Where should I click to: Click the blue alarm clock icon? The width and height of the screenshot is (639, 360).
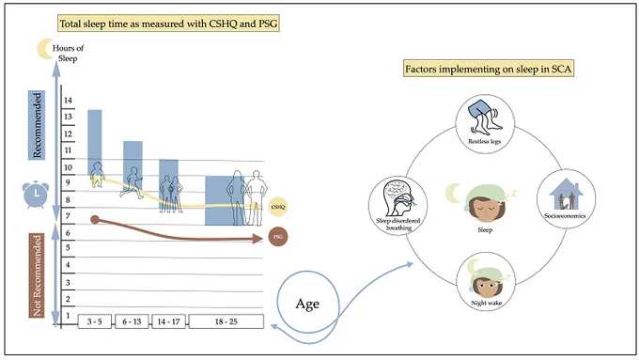[x=36, y=194]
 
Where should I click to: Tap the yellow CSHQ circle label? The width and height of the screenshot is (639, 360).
[x=278, y=207]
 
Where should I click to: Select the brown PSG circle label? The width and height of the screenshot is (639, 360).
[x=278, y=237]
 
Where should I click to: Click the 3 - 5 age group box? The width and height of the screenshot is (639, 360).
[x=95, y=321]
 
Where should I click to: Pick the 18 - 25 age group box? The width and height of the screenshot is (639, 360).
[x=226, y=321]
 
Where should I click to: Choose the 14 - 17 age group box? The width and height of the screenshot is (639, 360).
[x=169, y=321]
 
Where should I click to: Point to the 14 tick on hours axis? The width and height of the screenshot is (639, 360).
[x=68, y=101]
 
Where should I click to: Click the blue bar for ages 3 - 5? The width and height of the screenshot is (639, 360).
[x=95, y=143]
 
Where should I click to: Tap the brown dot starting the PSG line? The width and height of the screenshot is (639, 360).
[x=95, y=220]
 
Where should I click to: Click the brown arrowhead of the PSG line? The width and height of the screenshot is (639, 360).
[x=257, y=239]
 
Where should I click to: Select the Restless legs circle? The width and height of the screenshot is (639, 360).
[x=485, y=124]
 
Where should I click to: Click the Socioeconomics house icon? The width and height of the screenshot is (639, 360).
[x=566, y=194]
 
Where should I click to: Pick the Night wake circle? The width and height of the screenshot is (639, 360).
[x=486, y=282]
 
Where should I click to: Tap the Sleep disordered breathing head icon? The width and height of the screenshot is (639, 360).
[x=399, y=198]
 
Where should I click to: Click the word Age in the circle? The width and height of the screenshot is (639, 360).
[x=307, y=304]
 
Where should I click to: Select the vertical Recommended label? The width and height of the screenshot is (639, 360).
[x=37, y=125]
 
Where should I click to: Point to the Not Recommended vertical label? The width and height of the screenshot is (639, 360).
[x=37, y=275]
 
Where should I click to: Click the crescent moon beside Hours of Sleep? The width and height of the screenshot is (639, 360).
[x=45, y=49]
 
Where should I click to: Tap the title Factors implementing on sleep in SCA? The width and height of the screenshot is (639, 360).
[x=489, y=69]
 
